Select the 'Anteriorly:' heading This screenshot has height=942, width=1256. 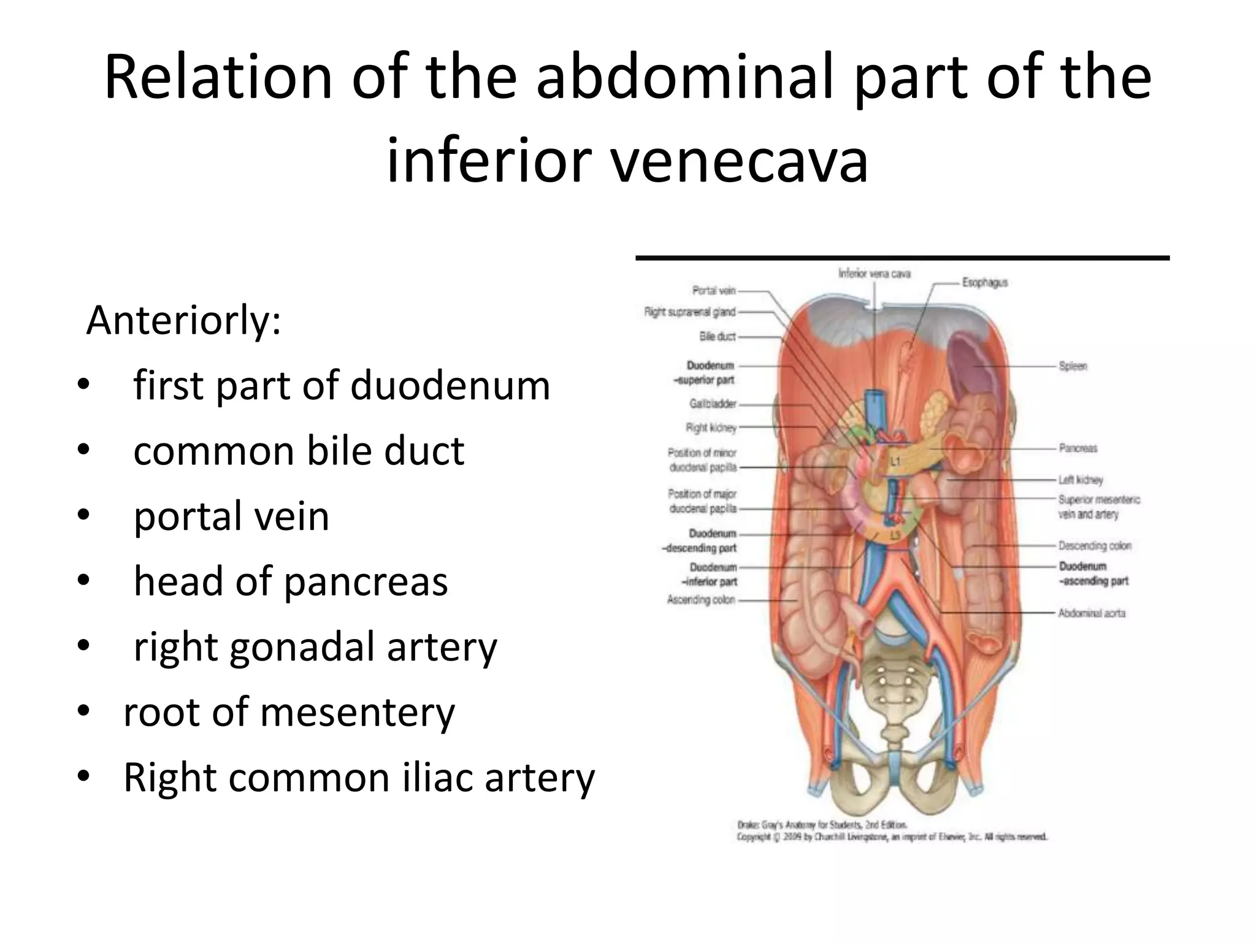[x=183, y=320]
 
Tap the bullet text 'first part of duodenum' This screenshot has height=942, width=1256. [x=342, y=386]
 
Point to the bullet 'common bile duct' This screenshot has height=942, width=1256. [x=299, y=451]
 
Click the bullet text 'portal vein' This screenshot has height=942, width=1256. [x=231, y=516]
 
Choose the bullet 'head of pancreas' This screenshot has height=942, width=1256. [x=291, y=581]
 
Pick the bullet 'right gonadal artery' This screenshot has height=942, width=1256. [x=315, y=647]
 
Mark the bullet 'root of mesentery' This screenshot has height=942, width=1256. [x=289, y=712]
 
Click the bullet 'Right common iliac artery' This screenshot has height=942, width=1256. [x=359, y=778]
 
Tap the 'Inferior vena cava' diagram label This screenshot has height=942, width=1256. [x=874, y=274]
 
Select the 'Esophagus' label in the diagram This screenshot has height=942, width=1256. [x=985, y=283]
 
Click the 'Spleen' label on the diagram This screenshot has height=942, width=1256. [x=1073, y=366]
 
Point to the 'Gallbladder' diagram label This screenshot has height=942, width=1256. [x=713, y=404]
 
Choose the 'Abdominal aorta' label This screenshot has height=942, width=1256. [x=1092, y=613]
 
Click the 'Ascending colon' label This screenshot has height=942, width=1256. [x=701, y=600]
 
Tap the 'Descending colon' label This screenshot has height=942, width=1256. [x=1095, y=545]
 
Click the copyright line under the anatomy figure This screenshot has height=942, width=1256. [x=892, y=837]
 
